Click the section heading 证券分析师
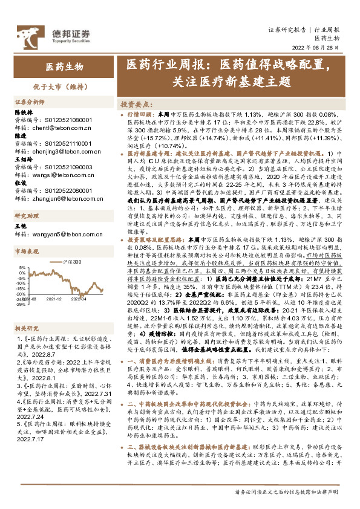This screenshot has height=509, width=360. click(x=30, y=103)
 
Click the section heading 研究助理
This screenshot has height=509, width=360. click(x=27, y=216)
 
